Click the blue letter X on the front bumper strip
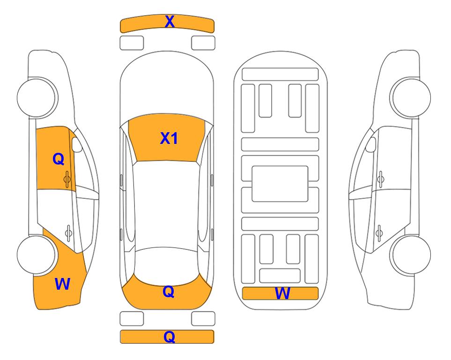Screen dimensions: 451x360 point(170,22)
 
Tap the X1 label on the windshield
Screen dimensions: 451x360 point(169,138)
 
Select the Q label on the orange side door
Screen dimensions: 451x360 point(59,159)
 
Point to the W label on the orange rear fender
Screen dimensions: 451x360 point(62,284)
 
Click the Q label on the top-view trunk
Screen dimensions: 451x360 point(169,292)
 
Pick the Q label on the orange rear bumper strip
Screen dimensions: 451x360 point(170,337)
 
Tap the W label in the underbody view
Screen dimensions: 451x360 point(282,293)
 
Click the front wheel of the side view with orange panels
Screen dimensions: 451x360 point(36,97)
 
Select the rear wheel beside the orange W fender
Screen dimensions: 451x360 point(36,255)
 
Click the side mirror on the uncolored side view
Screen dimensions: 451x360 point(371,144)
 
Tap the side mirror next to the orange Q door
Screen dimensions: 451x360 point(77,144)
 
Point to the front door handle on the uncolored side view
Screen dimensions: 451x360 point(380,179)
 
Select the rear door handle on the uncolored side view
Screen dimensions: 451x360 point(379,233)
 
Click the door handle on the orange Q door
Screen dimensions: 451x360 point(67,179)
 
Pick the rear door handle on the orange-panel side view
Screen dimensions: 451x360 point(68,233)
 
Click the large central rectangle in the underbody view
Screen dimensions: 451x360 point(280,184)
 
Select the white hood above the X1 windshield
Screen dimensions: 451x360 point(167,86)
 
